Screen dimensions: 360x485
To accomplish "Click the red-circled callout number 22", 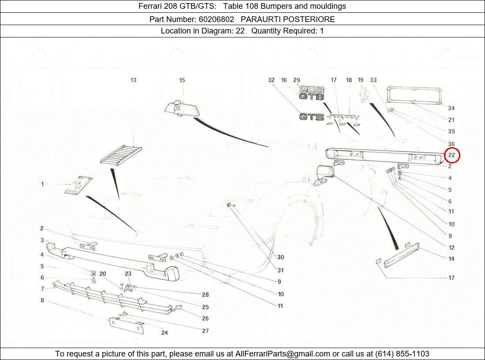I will point(452,155).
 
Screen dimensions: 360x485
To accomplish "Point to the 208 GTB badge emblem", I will point(312,93).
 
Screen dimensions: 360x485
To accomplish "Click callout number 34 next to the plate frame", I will point(451,108).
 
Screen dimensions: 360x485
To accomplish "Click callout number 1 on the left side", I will point(43,184).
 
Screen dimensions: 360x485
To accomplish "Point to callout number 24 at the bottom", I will point(164,333).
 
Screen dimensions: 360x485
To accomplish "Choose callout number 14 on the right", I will point(451,259).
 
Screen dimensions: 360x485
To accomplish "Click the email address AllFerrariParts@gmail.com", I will point(283,354).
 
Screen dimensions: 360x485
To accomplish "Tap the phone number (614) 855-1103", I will point(402,354).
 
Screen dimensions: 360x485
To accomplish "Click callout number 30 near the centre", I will point(280,257).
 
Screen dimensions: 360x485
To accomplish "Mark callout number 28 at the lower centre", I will point(205,295).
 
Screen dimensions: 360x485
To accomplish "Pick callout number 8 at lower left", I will point(42,301).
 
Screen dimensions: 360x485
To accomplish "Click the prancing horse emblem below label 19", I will point(365,95).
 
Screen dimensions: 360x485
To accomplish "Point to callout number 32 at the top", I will point(271,80).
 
